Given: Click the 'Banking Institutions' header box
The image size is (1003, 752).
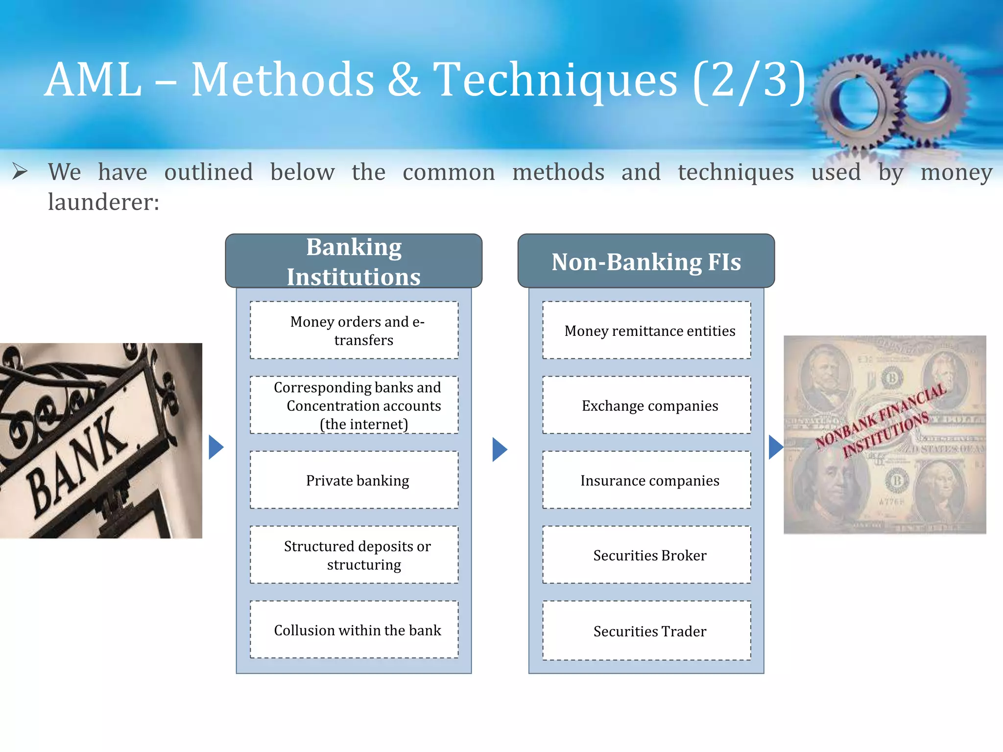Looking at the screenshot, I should coord(354,261).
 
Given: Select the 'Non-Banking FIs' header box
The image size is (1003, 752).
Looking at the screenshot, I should coord(646,261).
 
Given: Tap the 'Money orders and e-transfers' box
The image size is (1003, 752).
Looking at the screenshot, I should coord(354,330).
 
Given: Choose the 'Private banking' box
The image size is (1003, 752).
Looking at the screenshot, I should coord(354,480).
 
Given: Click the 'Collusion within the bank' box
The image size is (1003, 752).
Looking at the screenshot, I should coord(354,630).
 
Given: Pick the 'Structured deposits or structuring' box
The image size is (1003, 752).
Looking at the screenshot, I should coord(354,555).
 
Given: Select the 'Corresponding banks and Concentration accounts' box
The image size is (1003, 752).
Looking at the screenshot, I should coord(354,405).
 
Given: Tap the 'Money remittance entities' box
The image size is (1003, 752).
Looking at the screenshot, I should coord(646,330).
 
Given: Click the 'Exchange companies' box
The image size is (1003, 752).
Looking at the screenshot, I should coord(646,405).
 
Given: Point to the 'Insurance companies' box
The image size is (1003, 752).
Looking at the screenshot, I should coord(646,480).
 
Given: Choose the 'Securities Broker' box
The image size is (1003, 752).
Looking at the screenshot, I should coord(646,555).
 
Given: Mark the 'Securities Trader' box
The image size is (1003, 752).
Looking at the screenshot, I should coord(646,631).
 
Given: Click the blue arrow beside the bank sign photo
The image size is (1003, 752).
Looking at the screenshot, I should coord(215,447).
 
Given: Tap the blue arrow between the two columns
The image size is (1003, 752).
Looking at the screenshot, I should coord(499,449).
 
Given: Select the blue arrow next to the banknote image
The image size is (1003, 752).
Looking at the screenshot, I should coord(775,447).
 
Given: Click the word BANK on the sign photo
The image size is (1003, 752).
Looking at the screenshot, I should coord(78,460).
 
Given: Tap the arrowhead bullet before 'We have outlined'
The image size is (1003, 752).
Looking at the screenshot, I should coord(20,171).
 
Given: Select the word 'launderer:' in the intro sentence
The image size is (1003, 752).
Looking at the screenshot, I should coord(103,202).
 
